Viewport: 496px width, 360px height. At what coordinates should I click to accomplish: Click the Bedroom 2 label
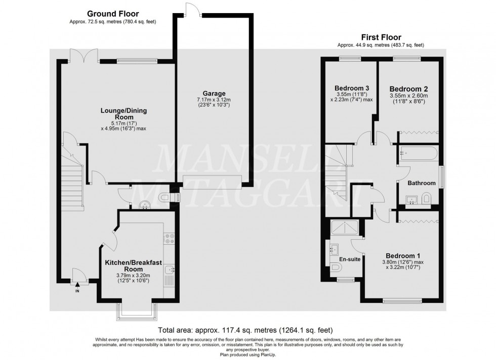click(408, 88)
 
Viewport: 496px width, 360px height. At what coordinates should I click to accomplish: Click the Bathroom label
click(422, 183)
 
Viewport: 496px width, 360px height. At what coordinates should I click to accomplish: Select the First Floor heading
click(381, 37)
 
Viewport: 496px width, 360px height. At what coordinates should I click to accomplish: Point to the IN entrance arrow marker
click(77, 286)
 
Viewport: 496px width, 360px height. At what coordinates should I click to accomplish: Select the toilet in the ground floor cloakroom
click(164, 198)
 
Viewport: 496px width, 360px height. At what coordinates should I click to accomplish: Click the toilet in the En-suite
click(337, 267)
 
